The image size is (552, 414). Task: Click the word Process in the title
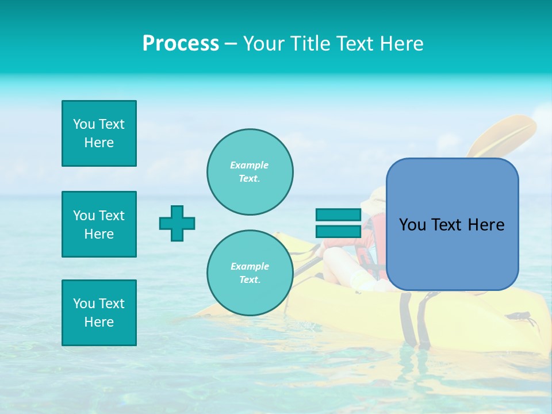click(181, 44)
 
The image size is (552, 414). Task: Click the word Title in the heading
click(310, 44)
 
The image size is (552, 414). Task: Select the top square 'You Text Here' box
click(99, 133)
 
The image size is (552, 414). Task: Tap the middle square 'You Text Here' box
click(99, 224)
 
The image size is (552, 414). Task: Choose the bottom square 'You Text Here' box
click(99, 313)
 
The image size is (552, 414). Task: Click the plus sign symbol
click(177, 223)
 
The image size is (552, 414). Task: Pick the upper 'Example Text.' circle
click(250, 172)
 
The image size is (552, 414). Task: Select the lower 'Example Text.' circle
click(250, 273)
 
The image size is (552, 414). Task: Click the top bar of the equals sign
click(338, 215)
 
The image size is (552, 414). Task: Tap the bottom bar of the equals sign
click(338, 231)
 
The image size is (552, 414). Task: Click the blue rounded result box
click(452, 224)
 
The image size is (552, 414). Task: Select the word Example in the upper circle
click(249, 165)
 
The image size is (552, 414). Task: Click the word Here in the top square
click(99, 143)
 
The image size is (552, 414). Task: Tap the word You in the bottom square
click(83, 304)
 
